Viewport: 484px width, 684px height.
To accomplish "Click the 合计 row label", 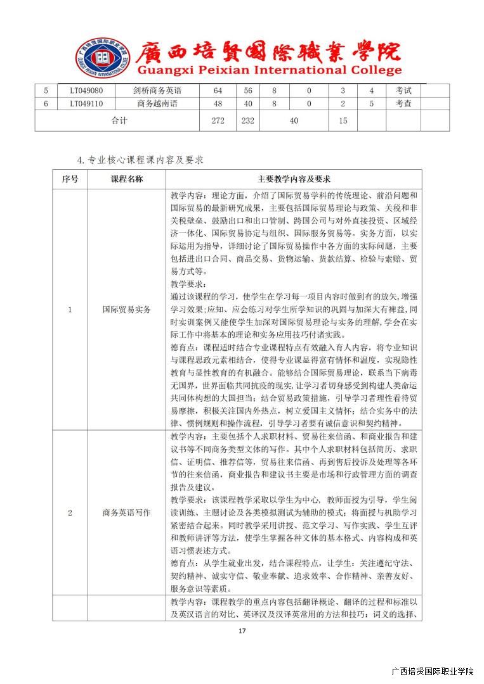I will pyautogui.click(x=119, y=120).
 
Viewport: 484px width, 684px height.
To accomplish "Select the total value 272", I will pyautogui.click(x=218, y=120).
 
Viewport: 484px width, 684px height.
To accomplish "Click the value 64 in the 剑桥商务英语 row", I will pyautogui.click(x=218, y=91).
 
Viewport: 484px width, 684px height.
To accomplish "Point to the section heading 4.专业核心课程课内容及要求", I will pyautogui.click(x=140, y=160).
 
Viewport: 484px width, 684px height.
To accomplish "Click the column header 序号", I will pyautogui.click(x=70, y=179).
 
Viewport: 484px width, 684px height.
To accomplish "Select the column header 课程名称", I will pyautogui.click(x=127, y=179).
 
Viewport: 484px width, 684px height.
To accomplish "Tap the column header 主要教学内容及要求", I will pyautogui.click(x=294, y=179).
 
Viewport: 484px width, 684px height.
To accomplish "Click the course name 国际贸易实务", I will pyautogui.click(x=127, y=310).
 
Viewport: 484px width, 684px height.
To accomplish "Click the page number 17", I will pyautogui.click(x=242, y=631).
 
